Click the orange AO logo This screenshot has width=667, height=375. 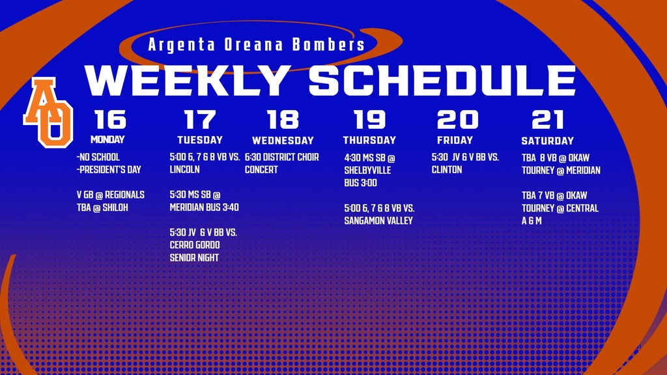point(48,112)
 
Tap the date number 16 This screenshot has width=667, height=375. point(110,120)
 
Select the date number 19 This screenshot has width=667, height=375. point(370,120)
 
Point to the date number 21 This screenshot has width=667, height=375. point(547,120)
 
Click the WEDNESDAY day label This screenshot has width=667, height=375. point(283,141)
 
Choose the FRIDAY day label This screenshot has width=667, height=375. point(455,140)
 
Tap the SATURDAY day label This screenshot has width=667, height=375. point(547,141)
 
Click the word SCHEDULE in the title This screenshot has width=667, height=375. point(442,81)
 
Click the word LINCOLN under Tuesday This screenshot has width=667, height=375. point(184,169)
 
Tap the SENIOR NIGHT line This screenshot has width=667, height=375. point(194,258)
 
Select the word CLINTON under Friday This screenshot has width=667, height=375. point(447,170)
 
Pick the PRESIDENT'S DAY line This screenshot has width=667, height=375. point(109,170)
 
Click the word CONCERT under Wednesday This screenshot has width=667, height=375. point(261,170)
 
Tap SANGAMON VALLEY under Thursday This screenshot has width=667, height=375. point(378,221)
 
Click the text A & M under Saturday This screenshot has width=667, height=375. point(532,221)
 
